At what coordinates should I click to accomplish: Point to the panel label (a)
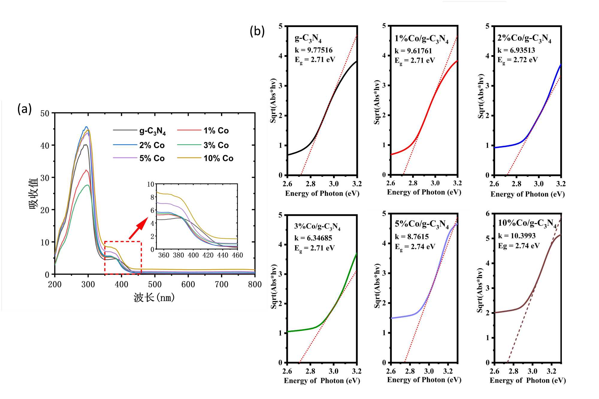point(25,109)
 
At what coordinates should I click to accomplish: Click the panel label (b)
point(257,31)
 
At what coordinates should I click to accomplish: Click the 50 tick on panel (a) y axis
point(45,113)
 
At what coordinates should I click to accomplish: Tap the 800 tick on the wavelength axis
point(255,284)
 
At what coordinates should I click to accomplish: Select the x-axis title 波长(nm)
point(154,298)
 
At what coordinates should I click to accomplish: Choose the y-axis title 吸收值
point(34,193)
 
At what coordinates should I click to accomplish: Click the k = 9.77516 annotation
point(314,50)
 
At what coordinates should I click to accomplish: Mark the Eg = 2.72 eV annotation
point(518,60)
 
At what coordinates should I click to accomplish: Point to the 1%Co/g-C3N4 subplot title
point(421,39)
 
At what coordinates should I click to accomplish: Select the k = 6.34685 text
point(313,238)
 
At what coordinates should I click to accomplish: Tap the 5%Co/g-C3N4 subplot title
point(421,224)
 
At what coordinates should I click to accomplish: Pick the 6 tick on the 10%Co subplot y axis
point(488,214)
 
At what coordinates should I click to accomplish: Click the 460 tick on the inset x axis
point(237,255)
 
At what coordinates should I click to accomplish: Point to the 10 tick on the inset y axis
point(151,184)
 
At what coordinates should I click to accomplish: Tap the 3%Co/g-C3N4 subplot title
point(317,226)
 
